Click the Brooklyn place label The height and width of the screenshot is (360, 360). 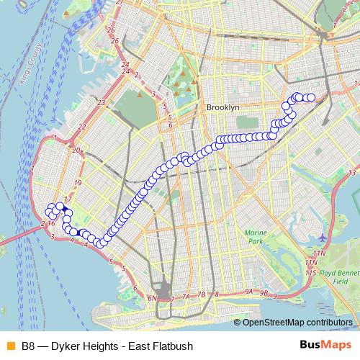pos(222,107)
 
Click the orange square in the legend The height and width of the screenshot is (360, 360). pos(9,346)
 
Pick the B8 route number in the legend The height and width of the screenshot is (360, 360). pos(28,346)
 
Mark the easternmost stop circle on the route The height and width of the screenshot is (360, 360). pos(312,97)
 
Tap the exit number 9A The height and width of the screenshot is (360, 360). pos(248,292)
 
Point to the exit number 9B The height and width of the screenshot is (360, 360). pos(265,293)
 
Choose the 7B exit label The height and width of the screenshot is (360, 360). pos(202,294)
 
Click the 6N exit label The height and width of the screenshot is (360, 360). pos(152,298)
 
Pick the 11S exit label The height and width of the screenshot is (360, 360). pos(311,273)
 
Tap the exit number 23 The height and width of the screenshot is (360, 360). pos(102,103)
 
